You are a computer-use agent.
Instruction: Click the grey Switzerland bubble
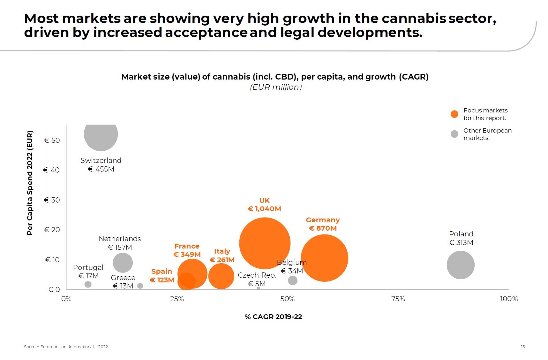[101, 135]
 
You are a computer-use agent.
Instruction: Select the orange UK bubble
[265, 243]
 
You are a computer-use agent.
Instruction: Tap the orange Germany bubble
[324, 258]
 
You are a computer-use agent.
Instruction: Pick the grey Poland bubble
[460, 265]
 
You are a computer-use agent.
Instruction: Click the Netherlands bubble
[123, 263]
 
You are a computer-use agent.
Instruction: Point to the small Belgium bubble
[292, 280]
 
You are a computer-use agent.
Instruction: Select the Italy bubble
[221, 276]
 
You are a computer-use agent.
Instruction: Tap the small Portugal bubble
[88, 284]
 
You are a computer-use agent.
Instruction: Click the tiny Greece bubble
[140, 286]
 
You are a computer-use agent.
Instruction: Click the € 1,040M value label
[264, 209]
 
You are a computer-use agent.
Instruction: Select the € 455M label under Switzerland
[101, 169]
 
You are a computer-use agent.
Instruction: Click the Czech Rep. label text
[257, 275]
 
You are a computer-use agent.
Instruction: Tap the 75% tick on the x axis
[398, 299]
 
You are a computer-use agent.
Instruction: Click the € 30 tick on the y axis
[52, 200]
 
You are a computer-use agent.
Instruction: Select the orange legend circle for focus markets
[454, 114]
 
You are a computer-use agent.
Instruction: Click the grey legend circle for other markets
[454, 134]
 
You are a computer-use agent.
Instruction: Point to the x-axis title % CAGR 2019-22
[273, 317]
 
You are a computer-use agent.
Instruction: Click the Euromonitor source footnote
[66, 347]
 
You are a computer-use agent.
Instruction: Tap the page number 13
[522, 347]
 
